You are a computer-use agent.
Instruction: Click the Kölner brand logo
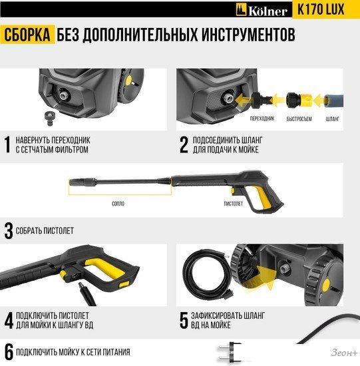[262, 10]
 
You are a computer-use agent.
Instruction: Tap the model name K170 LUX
[321, 9]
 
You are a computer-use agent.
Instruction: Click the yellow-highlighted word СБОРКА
[27, 35]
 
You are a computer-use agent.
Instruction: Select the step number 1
[8, 144]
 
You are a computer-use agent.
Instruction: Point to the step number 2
[184, 144]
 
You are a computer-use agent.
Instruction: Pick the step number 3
[9, 231]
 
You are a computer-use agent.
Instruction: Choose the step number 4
[9, 320]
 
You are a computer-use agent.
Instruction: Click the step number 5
[184, 320]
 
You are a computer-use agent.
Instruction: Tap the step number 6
[9, 352]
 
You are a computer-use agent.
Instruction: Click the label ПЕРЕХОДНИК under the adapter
[262, 118]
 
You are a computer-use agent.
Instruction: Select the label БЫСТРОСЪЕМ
[299, 119]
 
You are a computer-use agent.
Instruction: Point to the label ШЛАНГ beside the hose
[333, 119]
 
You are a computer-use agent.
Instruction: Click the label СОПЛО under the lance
[118, 204]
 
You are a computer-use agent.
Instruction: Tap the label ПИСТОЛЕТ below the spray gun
[233, 204]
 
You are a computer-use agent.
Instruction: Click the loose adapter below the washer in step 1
[50, 118]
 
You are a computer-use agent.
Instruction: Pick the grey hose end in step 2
[333, 101]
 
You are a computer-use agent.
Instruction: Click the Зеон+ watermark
[344, 353]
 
